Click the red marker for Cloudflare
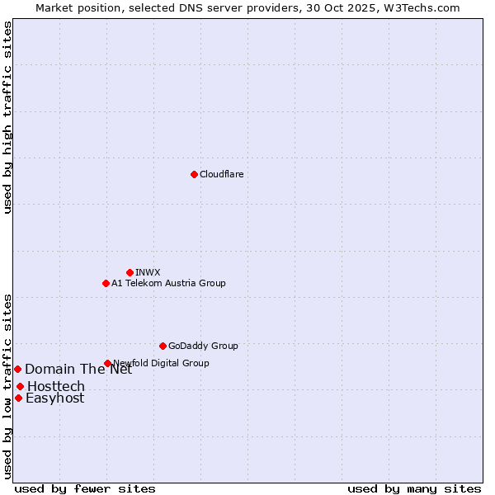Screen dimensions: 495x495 (x=194, y=174)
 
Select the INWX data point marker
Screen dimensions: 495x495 (x=130, y=272)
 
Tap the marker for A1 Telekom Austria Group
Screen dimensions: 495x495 (x=106, y=283)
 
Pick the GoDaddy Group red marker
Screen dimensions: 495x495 (x=163, y=346)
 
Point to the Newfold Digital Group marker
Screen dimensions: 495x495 (x=107, y=363)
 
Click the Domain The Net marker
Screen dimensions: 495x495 (x=17, y=369)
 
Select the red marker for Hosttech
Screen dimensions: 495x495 (x=20, y=386)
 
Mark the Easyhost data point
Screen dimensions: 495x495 (x=18, y=398)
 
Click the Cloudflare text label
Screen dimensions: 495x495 (x=221, y=174)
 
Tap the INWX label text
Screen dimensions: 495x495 (x=148, y=272)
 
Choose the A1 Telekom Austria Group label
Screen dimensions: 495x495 (x=168, y=283)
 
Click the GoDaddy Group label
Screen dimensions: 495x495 (x=203, y=346)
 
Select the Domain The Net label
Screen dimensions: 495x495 (x=78, y=370)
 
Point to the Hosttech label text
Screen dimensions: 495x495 (x=56, y=386)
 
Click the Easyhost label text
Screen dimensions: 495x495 (x=55, y=398)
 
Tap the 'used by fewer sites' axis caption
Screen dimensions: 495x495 (x=85, y=488)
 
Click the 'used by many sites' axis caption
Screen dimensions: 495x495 (x=414, y=488)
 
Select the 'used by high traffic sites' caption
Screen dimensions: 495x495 (x=7, y=118)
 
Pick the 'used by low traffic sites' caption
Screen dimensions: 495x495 (x=7, y=385)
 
